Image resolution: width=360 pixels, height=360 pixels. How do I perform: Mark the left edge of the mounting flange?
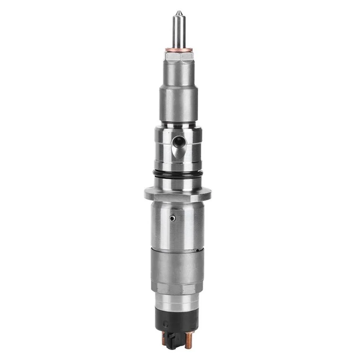coord(146,194)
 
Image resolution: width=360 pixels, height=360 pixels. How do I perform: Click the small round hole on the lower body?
coord(172,218)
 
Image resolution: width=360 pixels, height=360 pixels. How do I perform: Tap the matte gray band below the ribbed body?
coord(178,266)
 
